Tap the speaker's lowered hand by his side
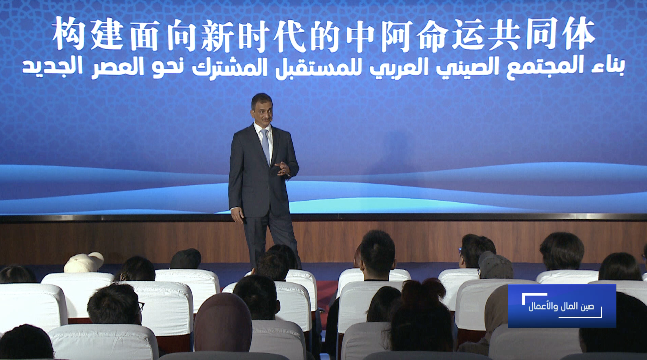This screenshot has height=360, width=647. (x=237, y=215)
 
